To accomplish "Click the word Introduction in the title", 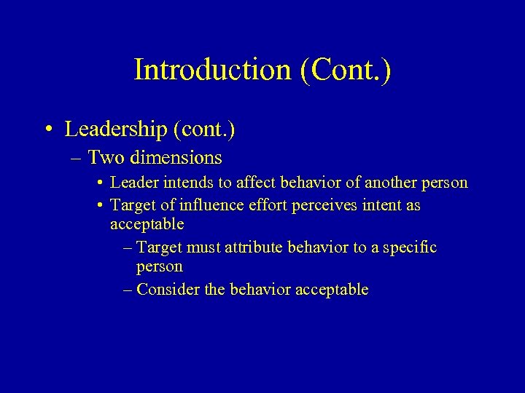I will click(x=211, y=70).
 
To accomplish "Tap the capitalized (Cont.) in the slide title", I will click(x=344, y=70).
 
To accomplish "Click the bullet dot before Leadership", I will click(x=47, y=130).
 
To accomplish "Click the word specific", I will click(x=409, y=248).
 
